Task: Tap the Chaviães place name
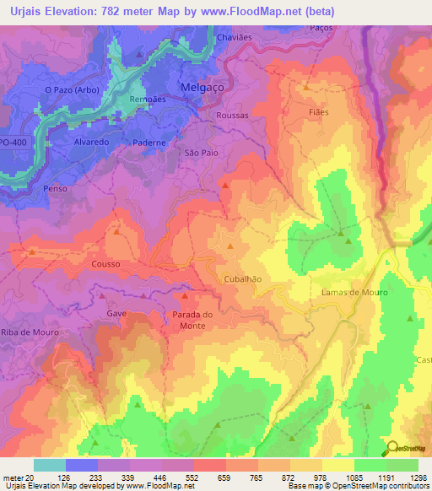point(235,38)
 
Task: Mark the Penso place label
point(55,190)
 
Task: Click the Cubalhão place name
point(242,278)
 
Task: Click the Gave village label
point(116,312)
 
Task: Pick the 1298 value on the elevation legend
point(415,477)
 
